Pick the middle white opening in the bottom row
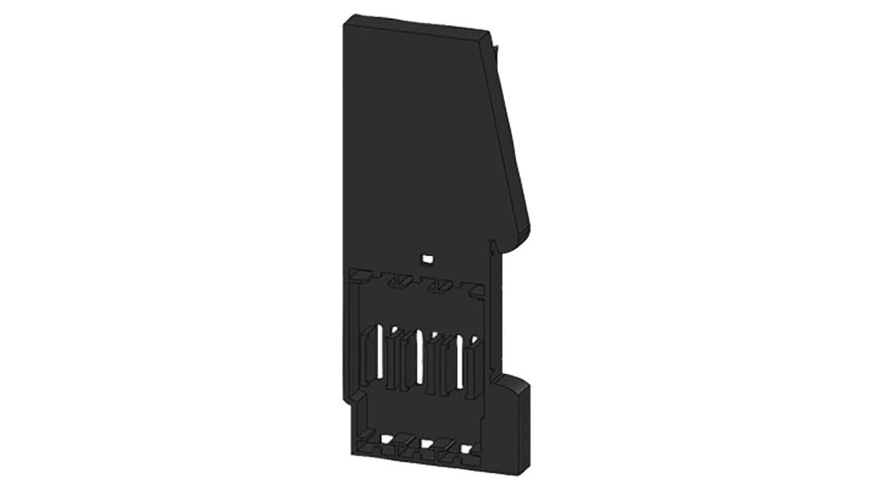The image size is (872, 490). [x=427, y=443]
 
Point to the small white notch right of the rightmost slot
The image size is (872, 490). [x=474, y=339]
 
